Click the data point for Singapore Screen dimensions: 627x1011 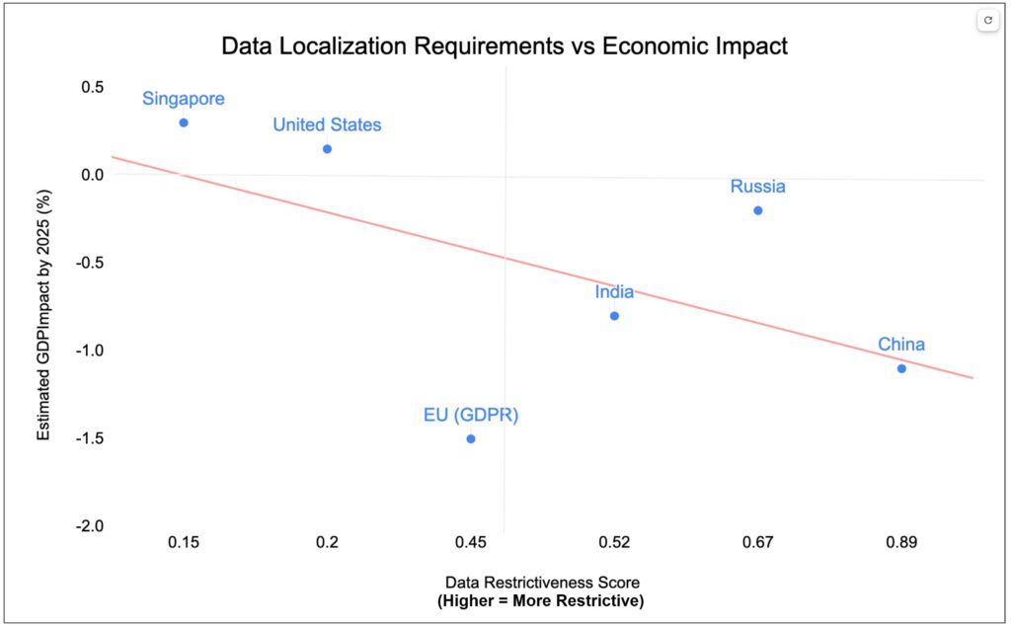tap(184, 122)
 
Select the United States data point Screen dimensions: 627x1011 tap(327, 149)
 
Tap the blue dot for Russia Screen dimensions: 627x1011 tap(758, 210)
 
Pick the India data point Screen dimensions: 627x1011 tap(614, 316)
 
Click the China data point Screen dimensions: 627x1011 tap(901, 368)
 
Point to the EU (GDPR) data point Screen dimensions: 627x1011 tap(471, 438)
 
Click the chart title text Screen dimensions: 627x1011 tap(505, 46)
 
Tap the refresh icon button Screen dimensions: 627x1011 tap(988, 20)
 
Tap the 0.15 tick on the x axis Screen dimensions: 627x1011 tap(184, 542)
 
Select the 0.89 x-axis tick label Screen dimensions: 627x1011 tap(901, 542)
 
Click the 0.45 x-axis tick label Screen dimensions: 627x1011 tap(471, 542)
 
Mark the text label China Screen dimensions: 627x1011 tap(901, 345)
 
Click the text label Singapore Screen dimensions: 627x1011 tap(184, 99)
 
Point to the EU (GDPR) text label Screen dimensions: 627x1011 tap(471, 415)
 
